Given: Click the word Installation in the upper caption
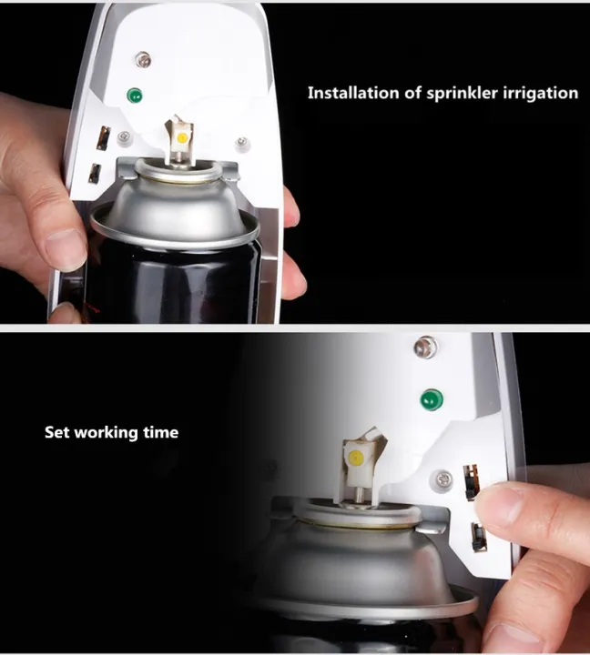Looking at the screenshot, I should click(350, 93).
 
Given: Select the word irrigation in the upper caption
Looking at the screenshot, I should click(540, 93).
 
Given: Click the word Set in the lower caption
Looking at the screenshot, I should click(56, 432).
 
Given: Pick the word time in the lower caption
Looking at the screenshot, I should click(160, 432).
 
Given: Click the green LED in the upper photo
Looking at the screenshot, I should click(135, 95).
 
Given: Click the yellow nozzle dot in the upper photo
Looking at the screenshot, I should click(182, 137).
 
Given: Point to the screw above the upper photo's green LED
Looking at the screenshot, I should click(142, 60).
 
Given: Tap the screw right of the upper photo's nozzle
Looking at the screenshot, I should click(241, 142).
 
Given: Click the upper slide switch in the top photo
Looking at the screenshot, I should click(103, 137).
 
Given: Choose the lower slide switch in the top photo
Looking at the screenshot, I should click(95, 172).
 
